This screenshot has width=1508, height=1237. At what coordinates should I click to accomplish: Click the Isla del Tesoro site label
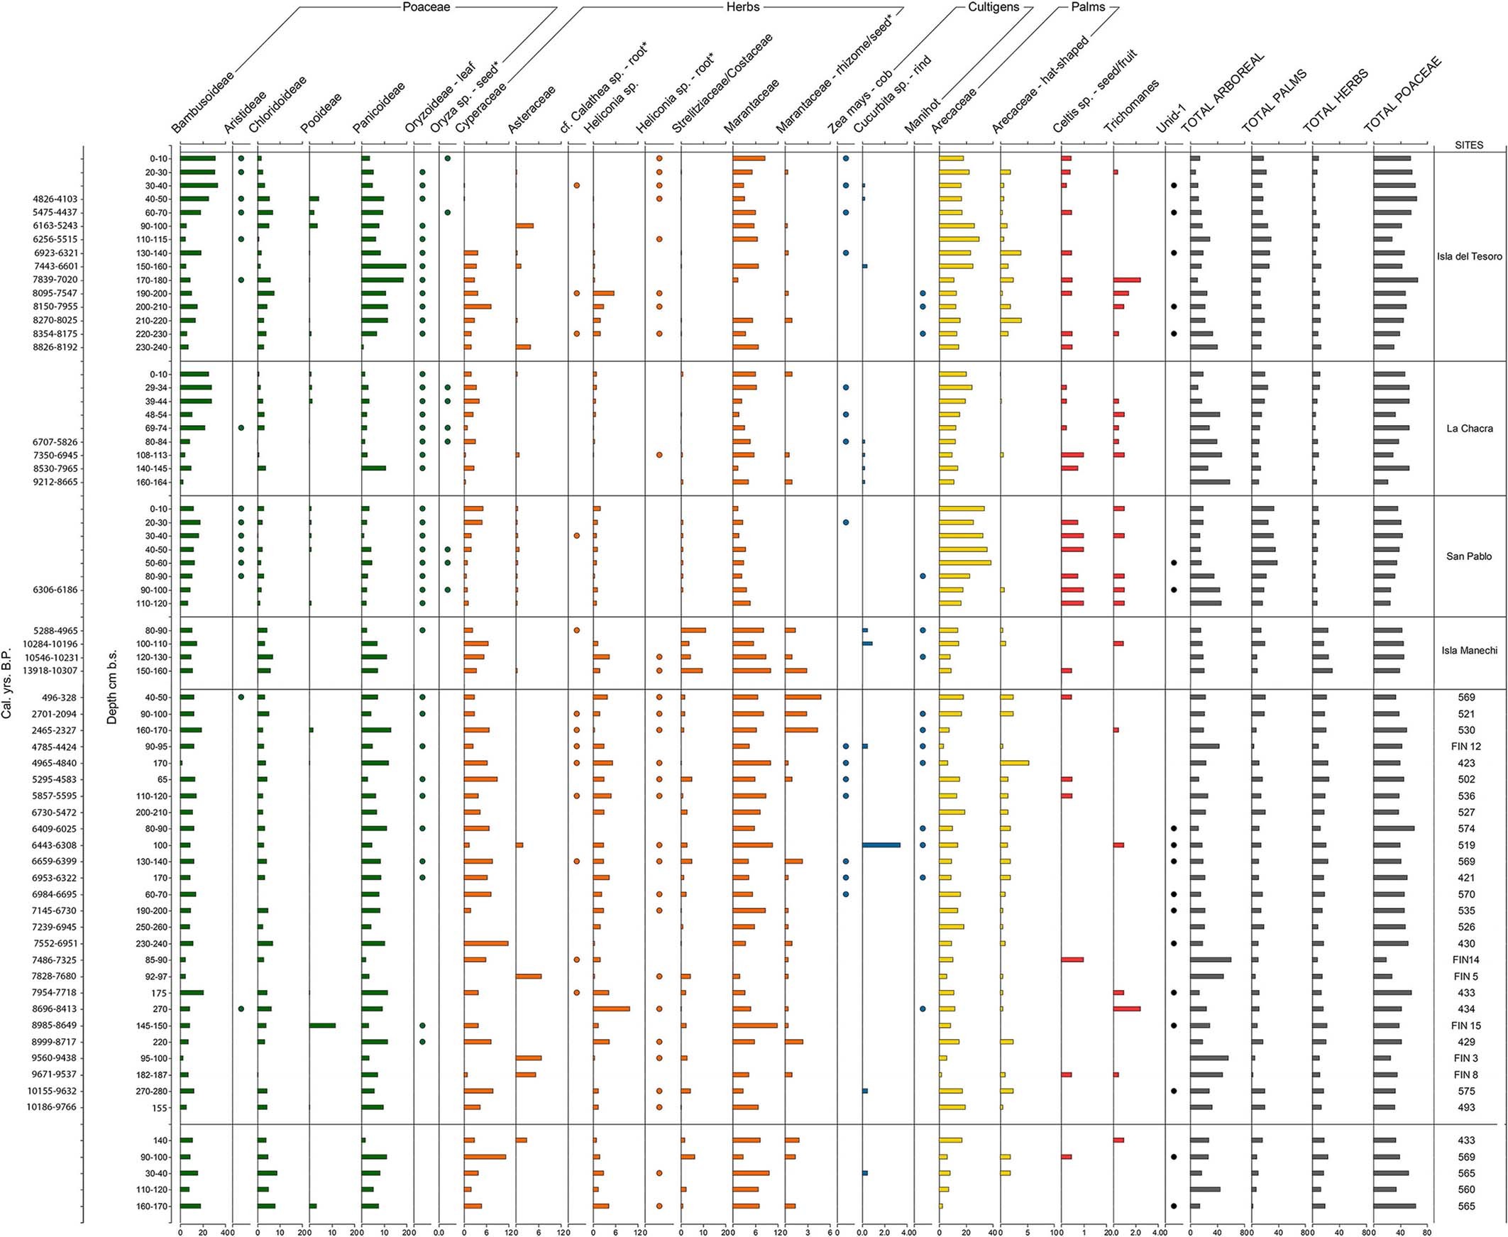pos(1469,256)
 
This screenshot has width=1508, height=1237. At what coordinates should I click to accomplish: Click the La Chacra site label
pos(1469,428)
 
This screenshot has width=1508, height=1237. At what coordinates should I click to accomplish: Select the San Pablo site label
pos(1469,556)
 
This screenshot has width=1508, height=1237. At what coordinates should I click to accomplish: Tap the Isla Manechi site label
pos(1469,651)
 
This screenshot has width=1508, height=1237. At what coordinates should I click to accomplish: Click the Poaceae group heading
pos(427,7)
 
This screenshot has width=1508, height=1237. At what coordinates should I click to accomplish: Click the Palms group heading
pos(1088,7)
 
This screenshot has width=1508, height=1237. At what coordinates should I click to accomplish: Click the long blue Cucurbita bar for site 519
pos(881,845)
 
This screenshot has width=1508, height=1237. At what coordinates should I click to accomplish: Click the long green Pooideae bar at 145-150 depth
pos(322,1026)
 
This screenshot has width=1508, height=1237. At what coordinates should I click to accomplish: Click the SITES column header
pos(1469,145)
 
